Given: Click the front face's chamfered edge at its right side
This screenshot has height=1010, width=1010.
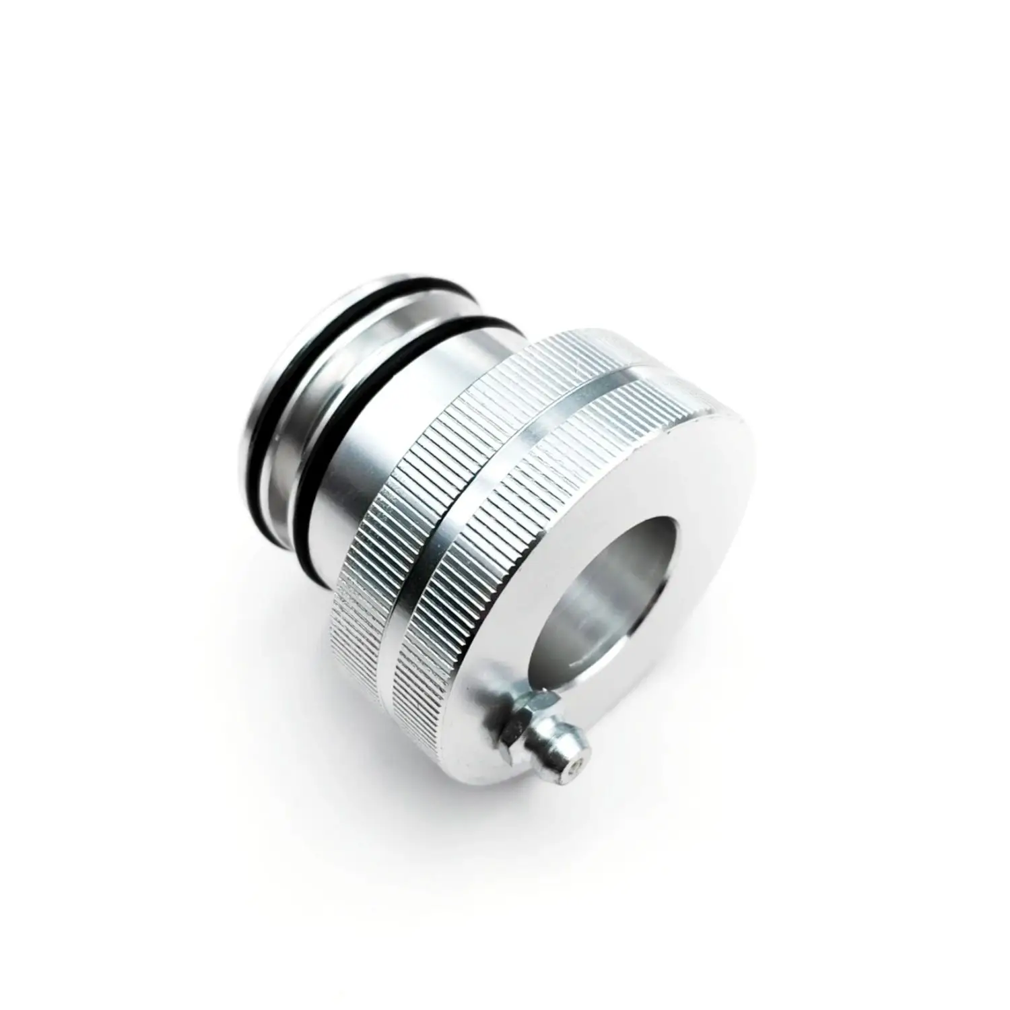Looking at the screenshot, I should [754, 512].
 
